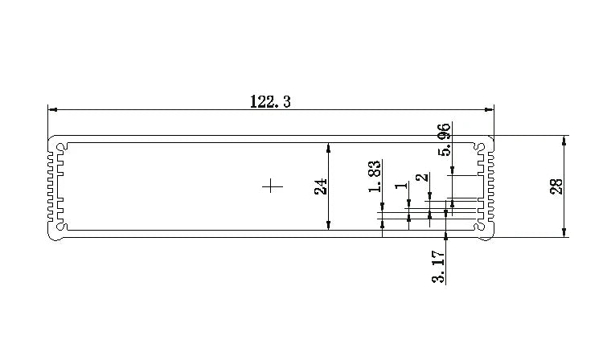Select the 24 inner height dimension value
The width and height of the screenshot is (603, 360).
321,186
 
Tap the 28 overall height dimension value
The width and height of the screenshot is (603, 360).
555,186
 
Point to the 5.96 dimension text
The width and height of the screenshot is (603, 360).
443,140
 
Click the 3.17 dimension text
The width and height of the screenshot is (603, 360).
438,267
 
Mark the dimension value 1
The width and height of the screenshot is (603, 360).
400,186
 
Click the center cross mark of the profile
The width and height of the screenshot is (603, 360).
273,186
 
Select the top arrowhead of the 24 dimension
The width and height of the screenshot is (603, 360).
329,147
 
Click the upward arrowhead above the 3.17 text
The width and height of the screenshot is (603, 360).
445,235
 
